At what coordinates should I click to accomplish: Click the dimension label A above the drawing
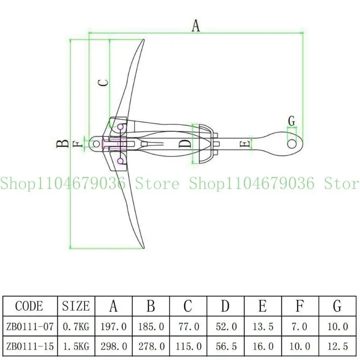click(196, 26)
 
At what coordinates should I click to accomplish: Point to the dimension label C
click(103, 83)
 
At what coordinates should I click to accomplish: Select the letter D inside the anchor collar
click(184, 144)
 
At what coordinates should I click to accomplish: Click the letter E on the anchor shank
click(244, 144)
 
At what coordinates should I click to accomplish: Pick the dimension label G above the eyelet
click(292, 121)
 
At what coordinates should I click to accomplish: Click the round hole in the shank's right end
click(292, 143)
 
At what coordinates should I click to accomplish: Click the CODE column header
click(29, 306)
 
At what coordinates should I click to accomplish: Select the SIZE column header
click(76, 306)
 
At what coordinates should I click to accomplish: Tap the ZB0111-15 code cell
click(29, 346)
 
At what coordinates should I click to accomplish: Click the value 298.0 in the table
click(113, 346)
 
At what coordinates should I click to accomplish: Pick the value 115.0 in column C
click(188, 346)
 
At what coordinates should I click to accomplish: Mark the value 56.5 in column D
click(225, 346)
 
